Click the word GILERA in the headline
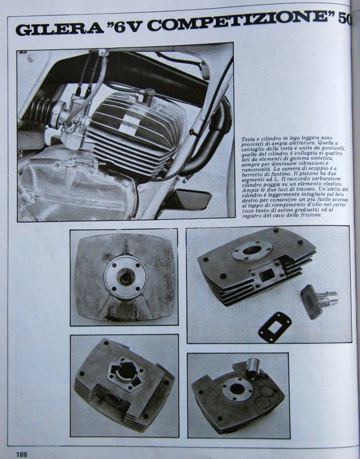point(59,29)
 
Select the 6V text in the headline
point(127,26)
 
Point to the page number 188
point(22,454)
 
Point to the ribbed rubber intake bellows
point(39,111)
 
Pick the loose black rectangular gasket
point(275,327)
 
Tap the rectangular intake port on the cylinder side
point(267,275)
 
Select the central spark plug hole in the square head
point(126,277)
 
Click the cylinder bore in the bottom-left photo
point(127,371)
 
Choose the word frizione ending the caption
point(312,215)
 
